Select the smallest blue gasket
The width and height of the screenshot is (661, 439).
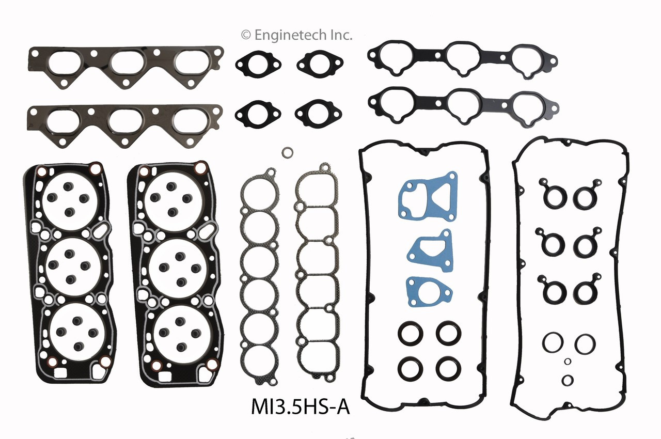426,291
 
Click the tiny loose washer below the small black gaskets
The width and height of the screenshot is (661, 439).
288,152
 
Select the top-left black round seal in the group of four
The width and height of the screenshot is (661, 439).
411,334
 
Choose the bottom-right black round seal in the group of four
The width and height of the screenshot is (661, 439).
448,368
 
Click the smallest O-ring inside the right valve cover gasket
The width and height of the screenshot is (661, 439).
568,361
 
